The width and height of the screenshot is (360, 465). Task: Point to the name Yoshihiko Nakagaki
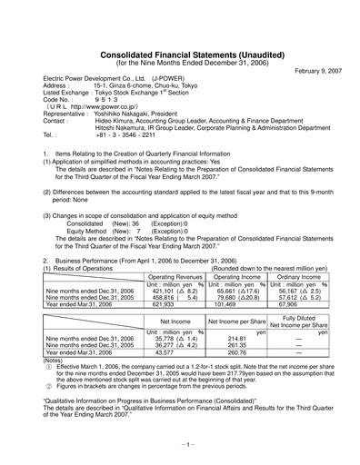[x=127, y=114]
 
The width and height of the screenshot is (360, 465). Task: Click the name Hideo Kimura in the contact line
[x=115, y=121]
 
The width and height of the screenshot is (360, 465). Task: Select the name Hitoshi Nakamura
[x=121, y=128]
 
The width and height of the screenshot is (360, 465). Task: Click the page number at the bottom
[x=180, y=444]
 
